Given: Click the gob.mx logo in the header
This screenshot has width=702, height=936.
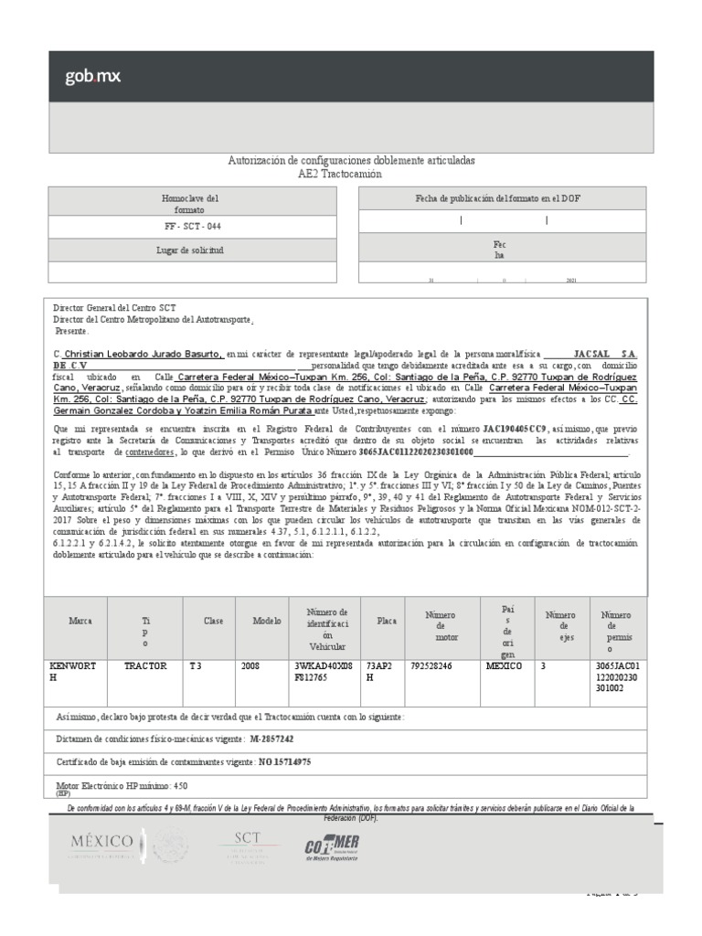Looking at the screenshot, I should point(92,77).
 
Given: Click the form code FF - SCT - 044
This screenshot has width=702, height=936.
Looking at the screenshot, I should point(198,226).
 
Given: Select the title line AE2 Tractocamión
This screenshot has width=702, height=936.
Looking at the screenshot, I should point(351,174).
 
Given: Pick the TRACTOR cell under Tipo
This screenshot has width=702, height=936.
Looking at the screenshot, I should point(145,666).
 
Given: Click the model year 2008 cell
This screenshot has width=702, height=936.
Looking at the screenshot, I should point(250,666).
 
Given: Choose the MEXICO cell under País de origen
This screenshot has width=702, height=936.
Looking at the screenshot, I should point(504,666).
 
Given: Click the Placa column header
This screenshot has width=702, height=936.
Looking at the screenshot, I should point(387,621).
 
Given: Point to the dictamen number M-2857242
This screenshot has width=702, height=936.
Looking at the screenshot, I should point(271,738).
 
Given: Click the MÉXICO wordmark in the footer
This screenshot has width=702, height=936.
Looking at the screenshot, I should point(101,841).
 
